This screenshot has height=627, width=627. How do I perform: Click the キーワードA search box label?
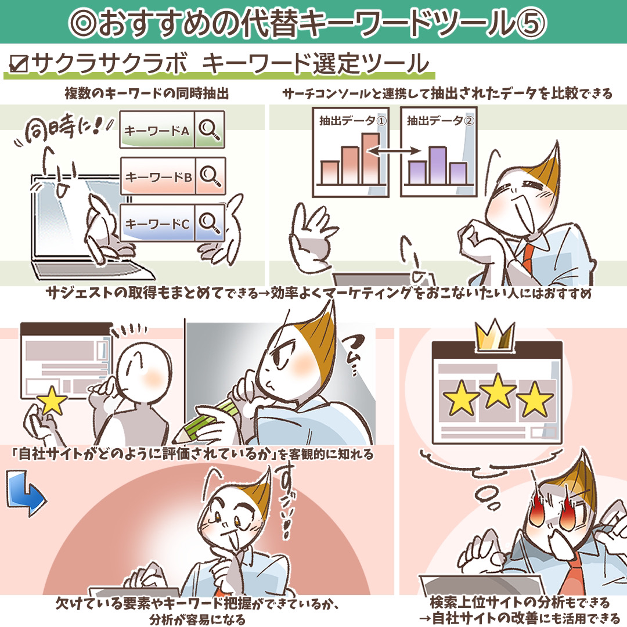click(x=157, y=131)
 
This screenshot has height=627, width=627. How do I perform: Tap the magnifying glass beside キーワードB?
click(x=210, y=176)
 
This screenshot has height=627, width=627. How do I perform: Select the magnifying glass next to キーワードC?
click(x=210, y=223)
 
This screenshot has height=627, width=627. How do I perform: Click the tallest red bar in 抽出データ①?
click(x=370, y=158)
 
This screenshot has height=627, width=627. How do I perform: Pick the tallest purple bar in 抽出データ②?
click(x=438, y=165)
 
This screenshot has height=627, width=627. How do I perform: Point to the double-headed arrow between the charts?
click(x=394, y=151)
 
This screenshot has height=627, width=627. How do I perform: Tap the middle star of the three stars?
click(x=498, y=391)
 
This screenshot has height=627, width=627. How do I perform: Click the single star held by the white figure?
click(x=52, y=401)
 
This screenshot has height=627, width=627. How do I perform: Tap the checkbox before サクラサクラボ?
click(x=19, y=64)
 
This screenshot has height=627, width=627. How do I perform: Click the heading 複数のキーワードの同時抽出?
click(x=146, y=93)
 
